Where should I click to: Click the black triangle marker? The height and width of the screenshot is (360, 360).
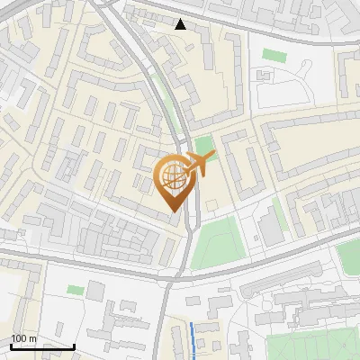[x=181, y=24]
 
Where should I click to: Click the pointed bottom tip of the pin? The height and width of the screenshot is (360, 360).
[x=172, y=211]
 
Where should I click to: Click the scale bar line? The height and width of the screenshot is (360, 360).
[x=41, y=346]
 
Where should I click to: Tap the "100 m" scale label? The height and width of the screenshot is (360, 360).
[x=23, y=338]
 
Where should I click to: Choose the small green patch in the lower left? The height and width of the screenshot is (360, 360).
[x=75, y=291]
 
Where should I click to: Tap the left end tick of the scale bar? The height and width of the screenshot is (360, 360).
[x=10, y=345]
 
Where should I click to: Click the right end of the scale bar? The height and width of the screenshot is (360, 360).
[x=74, y=345]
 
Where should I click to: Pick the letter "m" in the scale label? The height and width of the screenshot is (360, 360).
[x=32, y=338]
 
